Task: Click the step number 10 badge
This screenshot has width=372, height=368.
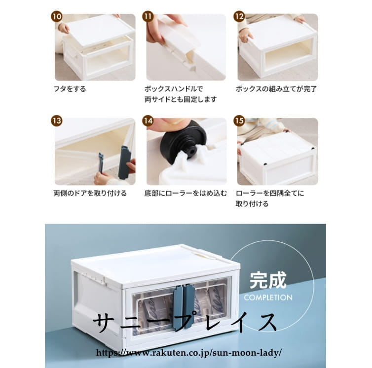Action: click(56, 17)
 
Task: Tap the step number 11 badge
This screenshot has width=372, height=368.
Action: click(148, 17)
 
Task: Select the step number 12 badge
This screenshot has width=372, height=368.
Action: click(239, 17)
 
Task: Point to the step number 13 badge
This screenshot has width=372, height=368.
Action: click(56, 121)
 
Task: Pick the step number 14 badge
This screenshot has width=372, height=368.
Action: click(148, 121)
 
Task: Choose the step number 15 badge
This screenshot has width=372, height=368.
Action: click(239, 121)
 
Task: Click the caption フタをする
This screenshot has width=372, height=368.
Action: click(70, 89)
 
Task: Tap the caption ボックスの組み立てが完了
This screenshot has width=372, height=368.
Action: click(276, 89)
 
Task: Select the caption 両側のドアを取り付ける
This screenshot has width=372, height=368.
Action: click(90, 193)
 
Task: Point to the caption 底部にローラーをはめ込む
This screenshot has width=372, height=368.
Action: click(186, 193)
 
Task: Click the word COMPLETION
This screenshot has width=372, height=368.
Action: click(268, 298)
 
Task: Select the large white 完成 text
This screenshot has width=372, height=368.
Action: click(268, 281)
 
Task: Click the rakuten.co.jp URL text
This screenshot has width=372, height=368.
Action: click(189, 353)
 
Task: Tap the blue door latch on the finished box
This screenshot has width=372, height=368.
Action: click(184, 307)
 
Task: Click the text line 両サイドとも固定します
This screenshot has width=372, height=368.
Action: click(181, 100)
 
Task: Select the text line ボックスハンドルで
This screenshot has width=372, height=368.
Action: click(174, 89)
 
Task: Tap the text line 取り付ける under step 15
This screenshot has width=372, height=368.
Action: click(252, 204)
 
